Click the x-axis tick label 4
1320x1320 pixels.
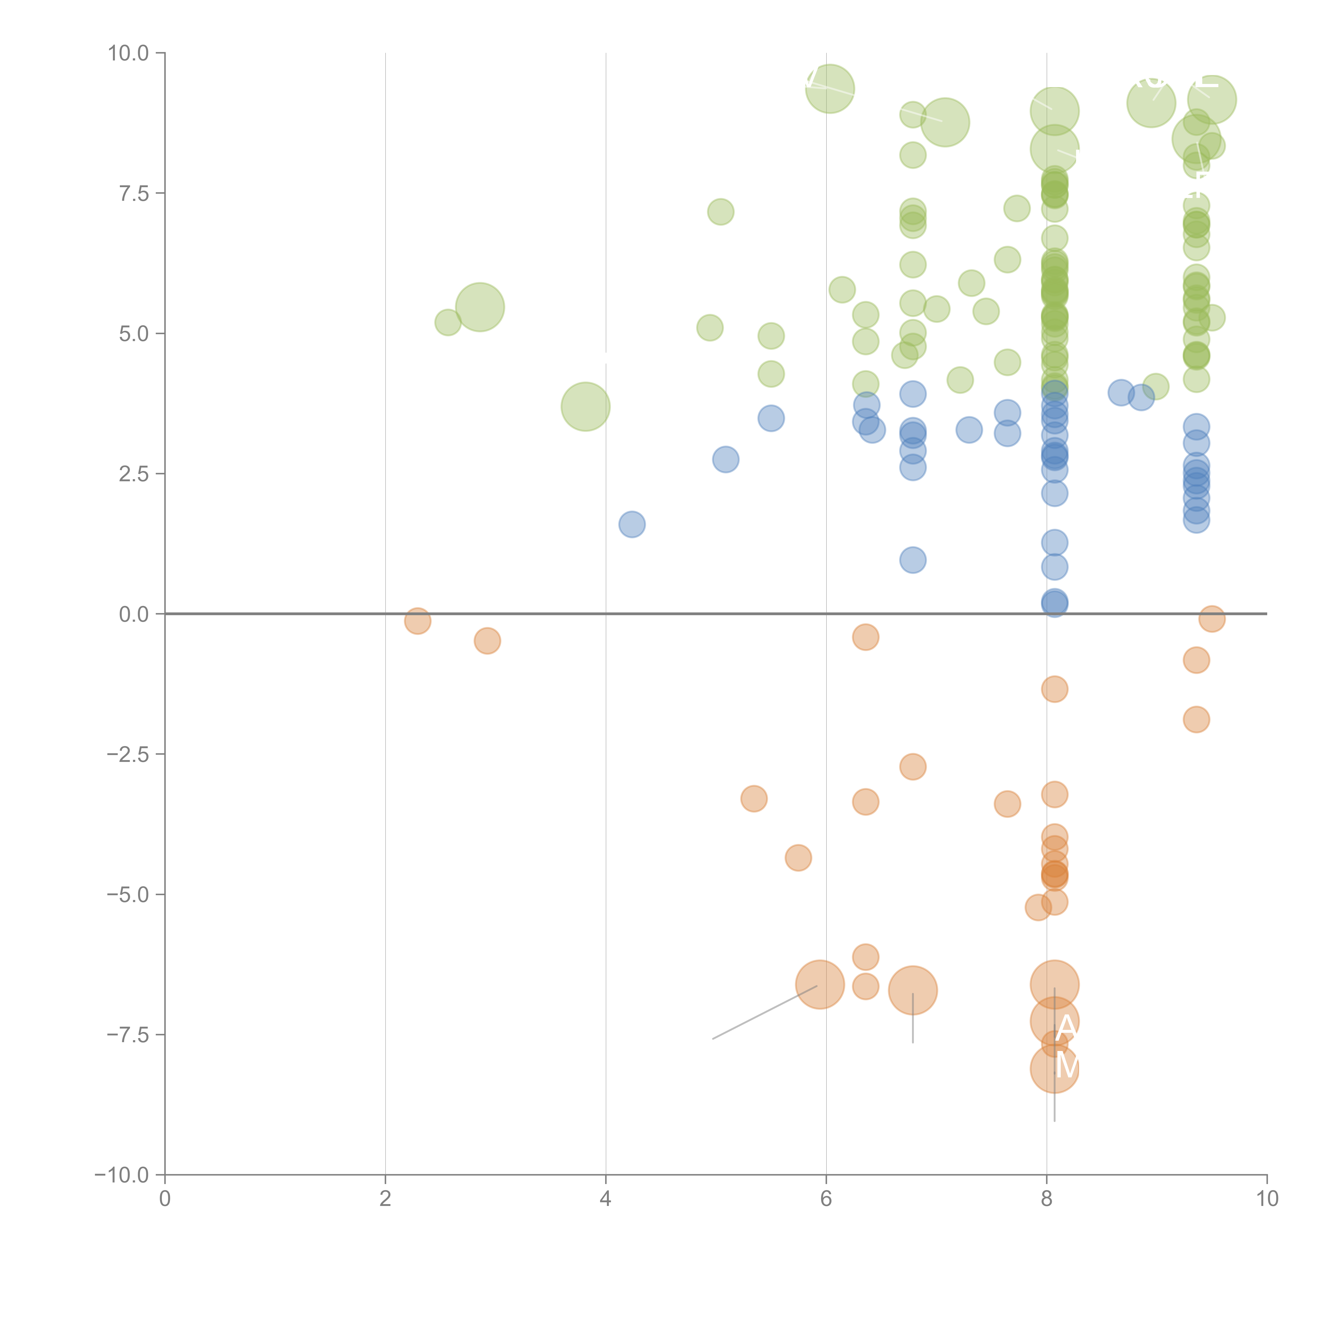pyautogui.click(x=605, y=1199)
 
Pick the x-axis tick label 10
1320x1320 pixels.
pyautogui.click(x=1267, y=1199)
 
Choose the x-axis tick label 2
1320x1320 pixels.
pyautogui.click(x=385, y=1199)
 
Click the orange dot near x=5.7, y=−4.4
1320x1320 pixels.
pyautogui.click(x=798, y=857)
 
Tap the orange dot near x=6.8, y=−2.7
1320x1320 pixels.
pyautogui.click(x=913, y=767)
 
